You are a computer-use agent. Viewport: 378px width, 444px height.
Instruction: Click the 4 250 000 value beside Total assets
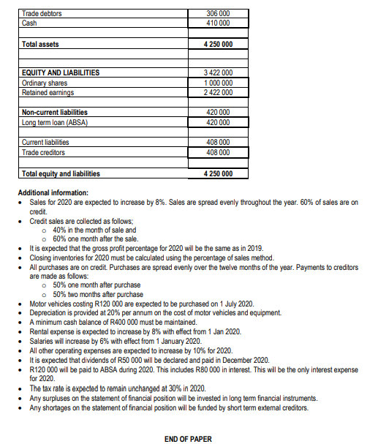point(219,45)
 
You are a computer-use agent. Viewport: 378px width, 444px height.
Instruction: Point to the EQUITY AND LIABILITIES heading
point(61,73)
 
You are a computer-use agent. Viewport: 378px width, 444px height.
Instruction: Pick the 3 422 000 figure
point(219,73)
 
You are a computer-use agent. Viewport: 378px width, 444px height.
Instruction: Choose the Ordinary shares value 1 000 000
point(219,83)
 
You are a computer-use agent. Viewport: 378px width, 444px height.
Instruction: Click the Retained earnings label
point(48,92)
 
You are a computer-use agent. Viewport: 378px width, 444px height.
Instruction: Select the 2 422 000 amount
point(219,92)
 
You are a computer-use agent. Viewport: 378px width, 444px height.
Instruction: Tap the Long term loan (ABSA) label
point(55,122)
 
